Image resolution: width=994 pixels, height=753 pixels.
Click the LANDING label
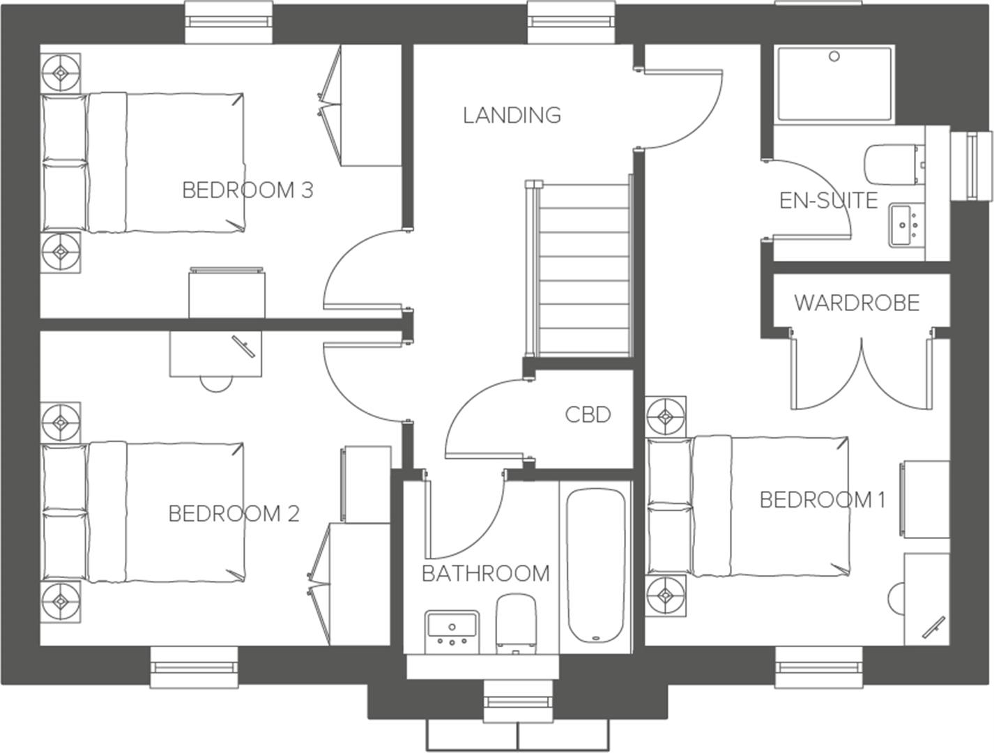click(512, 115)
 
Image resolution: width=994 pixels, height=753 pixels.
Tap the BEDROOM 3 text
click(247, 190)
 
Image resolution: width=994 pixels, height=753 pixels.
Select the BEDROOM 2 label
click(234, 514)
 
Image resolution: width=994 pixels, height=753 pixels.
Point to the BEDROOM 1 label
click(822, 500)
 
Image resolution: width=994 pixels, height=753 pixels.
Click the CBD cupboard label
click(588, 415)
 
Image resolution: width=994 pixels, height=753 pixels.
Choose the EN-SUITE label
click(828, 201)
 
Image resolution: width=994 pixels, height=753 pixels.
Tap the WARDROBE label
click(857, 303)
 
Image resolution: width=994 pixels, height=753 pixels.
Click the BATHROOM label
click(486, 574)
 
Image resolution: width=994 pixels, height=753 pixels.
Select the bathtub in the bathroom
click(595, 565)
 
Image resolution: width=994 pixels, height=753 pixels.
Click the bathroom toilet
click(516, 623)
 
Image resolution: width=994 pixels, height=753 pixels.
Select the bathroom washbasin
click(452, 631)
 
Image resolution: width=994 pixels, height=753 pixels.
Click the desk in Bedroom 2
click(216, 353)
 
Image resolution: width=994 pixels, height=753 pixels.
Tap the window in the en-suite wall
click(971, 165)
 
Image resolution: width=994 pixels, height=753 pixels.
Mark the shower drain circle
click(834, 57)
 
